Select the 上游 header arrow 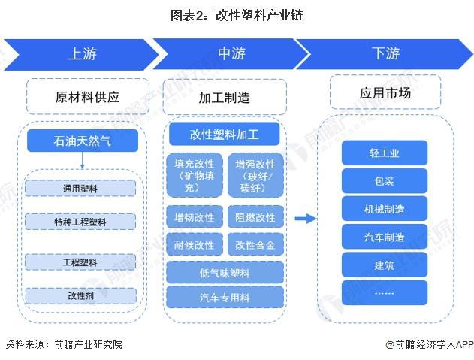point(83,54)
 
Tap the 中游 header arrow point(231,54)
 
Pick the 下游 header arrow point(385,54)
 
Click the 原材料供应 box point(87,97)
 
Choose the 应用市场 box point(385,95)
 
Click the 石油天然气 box point(83,140)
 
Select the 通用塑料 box point(80,188)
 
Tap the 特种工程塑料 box point(80,222)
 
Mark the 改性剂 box point(80,296)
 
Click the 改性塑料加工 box point(224,135)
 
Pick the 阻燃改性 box point(255,218)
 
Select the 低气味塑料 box point(224,271)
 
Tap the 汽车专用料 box point(224,296)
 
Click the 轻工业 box point(384,153)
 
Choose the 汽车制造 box point(384,237)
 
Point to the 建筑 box point(384,265)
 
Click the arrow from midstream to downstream point(304,219)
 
